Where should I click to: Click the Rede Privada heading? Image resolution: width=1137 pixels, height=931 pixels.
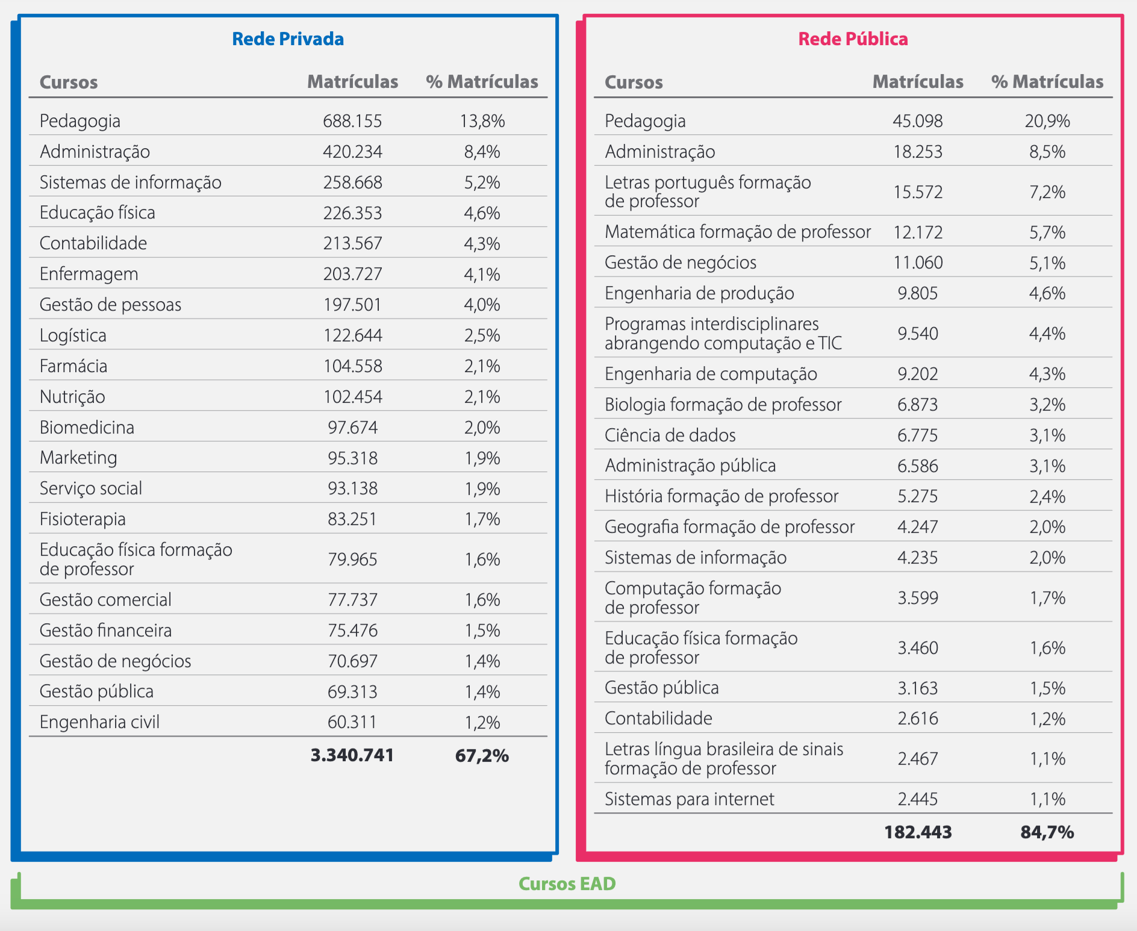tap(288, 39)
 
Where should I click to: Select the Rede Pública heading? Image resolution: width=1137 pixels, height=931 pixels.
tap(853, 39)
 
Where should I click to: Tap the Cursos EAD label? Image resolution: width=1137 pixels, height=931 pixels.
tap(567, 883)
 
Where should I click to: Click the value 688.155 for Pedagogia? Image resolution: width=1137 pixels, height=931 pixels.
tap(352, 121)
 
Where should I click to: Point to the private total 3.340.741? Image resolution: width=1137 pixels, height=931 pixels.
tap(352, 755)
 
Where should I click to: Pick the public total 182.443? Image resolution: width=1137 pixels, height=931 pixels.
tap(918, 832)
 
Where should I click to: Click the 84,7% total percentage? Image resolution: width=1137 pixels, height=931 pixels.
tap(1047, 832)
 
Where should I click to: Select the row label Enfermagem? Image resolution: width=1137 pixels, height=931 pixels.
tap(89, 274)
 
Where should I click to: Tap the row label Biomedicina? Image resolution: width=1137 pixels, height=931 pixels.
tap(87, 428)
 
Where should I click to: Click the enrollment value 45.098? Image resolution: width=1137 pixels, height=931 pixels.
tap(918, 121)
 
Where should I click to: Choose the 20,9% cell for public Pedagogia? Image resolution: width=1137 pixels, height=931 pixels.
tap(1047, 121)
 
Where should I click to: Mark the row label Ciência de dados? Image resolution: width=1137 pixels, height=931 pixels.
tap(670, 435)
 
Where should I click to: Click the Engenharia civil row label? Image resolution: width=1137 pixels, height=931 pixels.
tap(100, 722)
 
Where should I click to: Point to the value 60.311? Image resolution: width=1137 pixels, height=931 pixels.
tap(352, 722)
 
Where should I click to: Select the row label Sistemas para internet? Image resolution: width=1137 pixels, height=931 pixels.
tap(690, 799)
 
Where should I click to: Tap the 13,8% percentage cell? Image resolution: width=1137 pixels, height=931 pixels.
tap(482, 121)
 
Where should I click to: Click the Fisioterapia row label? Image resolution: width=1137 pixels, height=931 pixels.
tap(83, 519)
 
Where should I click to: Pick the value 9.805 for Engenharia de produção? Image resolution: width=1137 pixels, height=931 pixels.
tap(918, 293)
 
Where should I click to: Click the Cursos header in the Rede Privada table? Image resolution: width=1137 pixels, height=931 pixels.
tap(69, 82)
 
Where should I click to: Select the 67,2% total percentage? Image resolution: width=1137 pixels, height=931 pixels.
tap(482, 755)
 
